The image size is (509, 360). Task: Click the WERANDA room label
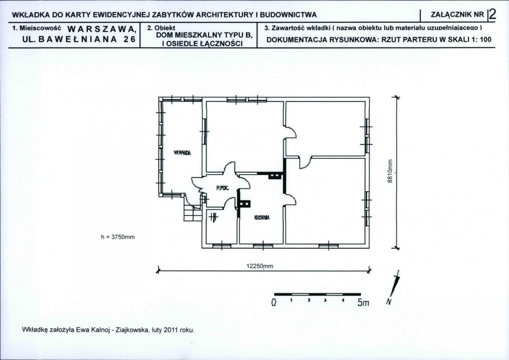point(182,153)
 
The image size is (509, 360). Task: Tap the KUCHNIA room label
point(262,218)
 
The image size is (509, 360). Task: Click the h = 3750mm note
point(118,237)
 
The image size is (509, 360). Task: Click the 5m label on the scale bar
point(364,303)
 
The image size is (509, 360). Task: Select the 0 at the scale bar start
point(274,303)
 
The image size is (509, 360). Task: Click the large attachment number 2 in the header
point(492,14)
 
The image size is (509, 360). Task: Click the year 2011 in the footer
point(170,330)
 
